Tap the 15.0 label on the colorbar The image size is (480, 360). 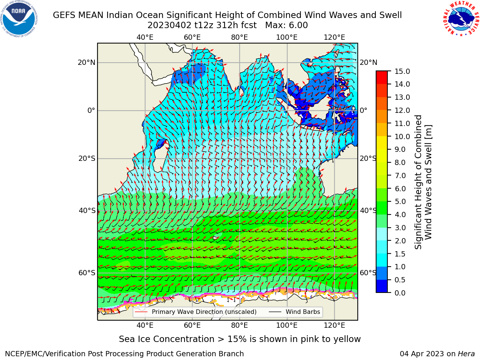tap(402, 71)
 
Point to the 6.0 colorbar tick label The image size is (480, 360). tap(400, 189)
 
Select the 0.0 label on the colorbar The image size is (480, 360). tap(400, 293)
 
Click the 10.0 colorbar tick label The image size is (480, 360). tap(402, 136)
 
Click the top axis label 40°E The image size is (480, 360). tap(145, 37)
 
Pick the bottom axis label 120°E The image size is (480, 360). tap(334, 325)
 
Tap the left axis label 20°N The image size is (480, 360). tap(87, 63)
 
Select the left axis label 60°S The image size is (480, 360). tap(87, 273)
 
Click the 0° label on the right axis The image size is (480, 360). tap(363, 110)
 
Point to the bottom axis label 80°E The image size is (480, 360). tap(240, 325)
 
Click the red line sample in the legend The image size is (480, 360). tap(141, 312)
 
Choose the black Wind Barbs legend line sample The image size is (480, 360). tap(275, 312)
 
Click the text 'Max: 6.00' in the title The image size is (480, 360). tap(286, 25)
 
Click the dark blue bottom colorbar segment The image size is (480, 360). tap(382, 286)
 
